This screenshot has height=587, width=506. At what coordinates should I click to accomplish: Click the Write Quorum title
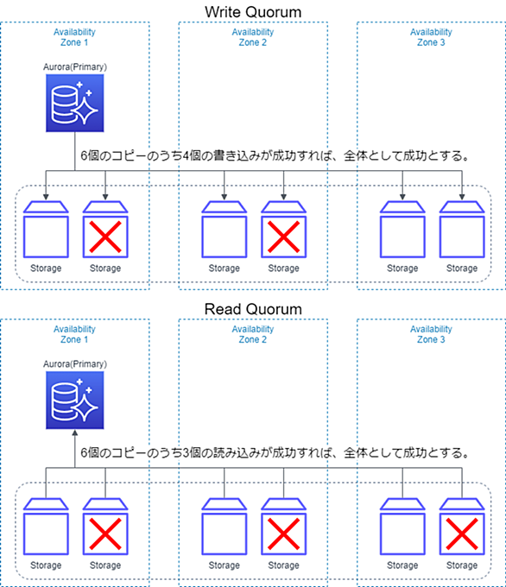pos(253,12)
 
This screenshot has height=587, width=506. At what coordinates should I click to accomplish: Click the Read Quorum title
pos(253,309)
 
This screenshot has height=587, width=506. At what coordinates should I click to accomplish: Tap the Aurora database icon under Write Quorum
pos(75,103)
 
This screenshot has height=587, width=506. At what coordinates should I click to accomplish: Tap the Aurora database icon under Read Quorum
pos(75,401)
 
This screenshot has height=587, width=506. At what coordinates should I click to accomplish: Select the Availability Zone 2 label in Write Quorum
pos(253,37)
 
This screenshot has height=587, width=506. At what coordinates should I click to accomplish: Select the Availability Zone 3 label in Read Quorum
pos(431,334)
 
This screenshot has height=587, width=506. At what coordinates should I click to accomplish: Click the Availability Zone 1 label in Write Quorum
pos(74,37)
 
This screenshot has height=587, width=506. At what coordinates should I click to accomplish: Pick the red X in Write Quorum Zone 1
pos(105,237)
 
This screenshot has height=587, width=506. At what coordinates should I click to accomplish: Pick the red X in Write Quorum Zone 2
pos(283,237)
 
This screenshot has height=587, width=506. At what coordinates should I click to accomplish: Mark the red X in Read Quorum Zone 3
pos(462,533)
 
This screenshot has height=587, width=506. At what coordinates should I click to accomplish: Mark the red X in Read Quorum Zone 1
pos(105,533)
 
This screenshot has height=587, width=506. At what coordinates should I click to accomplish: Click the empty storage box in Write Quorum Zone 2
pos(224,230)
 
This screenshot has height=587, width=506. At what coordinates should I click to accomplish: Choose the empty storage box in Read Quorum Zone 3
pos(402,527)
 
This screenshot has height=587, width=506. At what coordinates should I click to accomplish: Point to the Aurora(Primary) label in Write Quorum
pos(75,67)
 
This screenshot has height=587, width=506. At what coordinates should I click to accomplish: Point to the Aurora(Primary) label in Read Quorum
pos(75,364)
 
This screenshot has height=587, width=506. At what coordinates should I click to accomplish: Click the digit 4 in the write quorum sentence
pos(187,155)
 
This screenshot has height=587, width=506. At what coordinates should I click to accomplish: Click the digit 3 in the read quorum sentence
pos(187,453)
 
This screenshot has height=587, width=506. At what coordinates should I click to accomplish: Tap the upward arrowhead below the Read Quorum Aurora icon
pos(75,432)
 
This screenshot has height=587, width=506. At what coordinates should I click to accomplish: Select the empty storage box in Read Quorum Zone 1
pos(46,527)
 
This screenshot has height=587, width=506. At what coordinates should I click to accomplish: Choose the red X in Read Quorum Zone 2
pos(283,533)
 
